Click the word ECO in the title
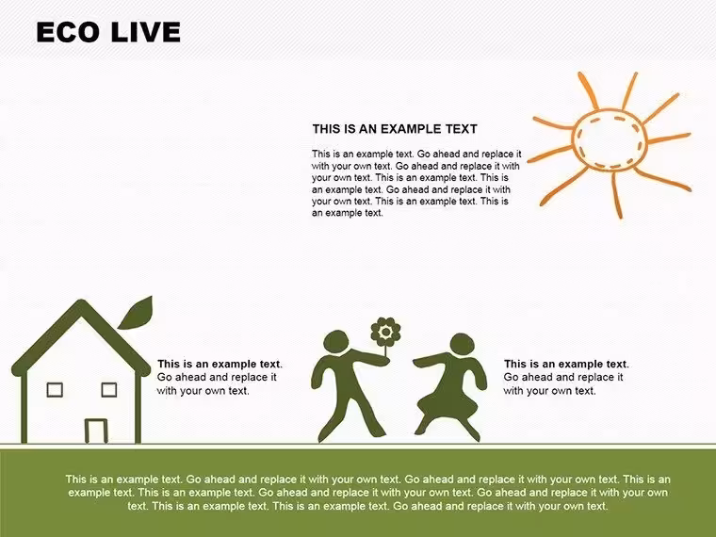point(68,32)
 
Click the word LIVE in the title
point(146,32)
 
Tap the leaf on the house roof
point(136,313)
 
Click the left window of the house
point(55,389)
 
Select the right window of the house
point(108,389)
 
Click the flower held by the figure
point(386,332)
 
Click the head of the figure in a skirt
point(462,344)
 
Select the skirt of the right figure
point(445,403)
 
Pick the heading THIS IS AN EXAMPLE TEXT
point(395,129)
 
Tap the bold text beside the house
point(220,364)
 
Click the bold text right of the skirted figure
point(566,364)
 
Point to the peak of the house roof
point(81,301)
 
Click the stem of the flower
point(386,351)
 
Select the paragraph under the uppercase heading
point(416,183)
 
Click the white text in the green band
point(368,492)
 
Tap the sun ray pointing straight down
point(616,195)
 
